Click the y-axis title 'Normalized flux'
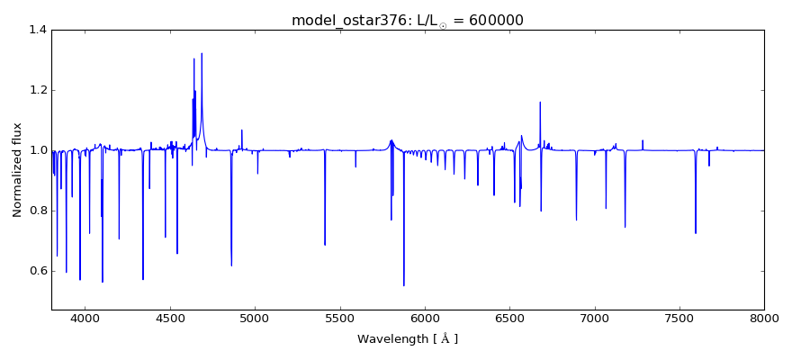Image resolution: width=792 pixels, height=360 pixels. pyautogui.click(x=17, y=169)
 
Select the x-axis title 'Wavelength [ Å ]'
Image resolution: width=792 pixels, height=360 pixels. pyautogui.click(x=408, y=339)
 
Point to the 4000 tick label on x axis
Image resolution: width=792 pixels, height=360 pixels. pyautogui.click(x=85, y=317)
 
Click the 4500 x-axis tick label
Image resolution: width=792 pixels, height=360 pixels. pyautogui.click(x=170, y=317)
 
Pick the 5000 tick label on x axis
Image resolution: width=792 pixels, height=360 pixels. pyautogui.click(x=255, y=317)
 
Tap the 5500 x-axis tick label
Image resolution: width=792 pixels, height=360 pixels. pyautogui.click(x=339, y=317)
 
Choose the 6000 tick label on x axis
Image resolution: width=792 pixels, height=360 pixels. pyautogui.click(x=425, y=317)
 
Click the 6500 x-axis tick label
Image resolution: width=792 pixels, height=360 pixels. pyautogui.click(x=509, y=317)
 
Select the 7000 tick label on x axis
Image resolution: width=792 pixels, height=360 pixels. pyautogui.click(x=594, y=317)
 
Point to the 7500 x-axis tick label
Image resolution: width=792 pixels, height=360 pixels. pyautogui.click(x=679, y=317)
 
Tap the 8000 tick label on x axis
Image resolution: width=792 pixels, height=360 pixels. pyautogui.click(x=764, y=317)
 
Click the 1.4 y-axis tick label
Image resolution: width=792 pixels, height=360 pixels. pyautogui.click(x=36, y=30)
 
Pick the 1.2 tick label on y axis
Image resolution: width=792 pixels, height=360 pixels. pyautogui.click(x=36, y=90)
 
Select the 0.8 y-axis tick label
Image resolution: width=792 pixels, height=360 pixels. pyautogui.click(x=36, y=211)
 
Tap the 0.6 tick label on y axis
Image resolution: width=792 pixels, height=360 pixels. pyautogui.click(x=36, y=271)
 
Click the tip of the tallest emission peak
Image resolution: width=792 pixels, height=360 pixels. pyautogui.click(x=202, y=53)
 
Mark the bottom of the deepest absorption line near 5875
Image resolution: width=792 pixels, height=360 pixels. pyautogui.click(x=404, y=286)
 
